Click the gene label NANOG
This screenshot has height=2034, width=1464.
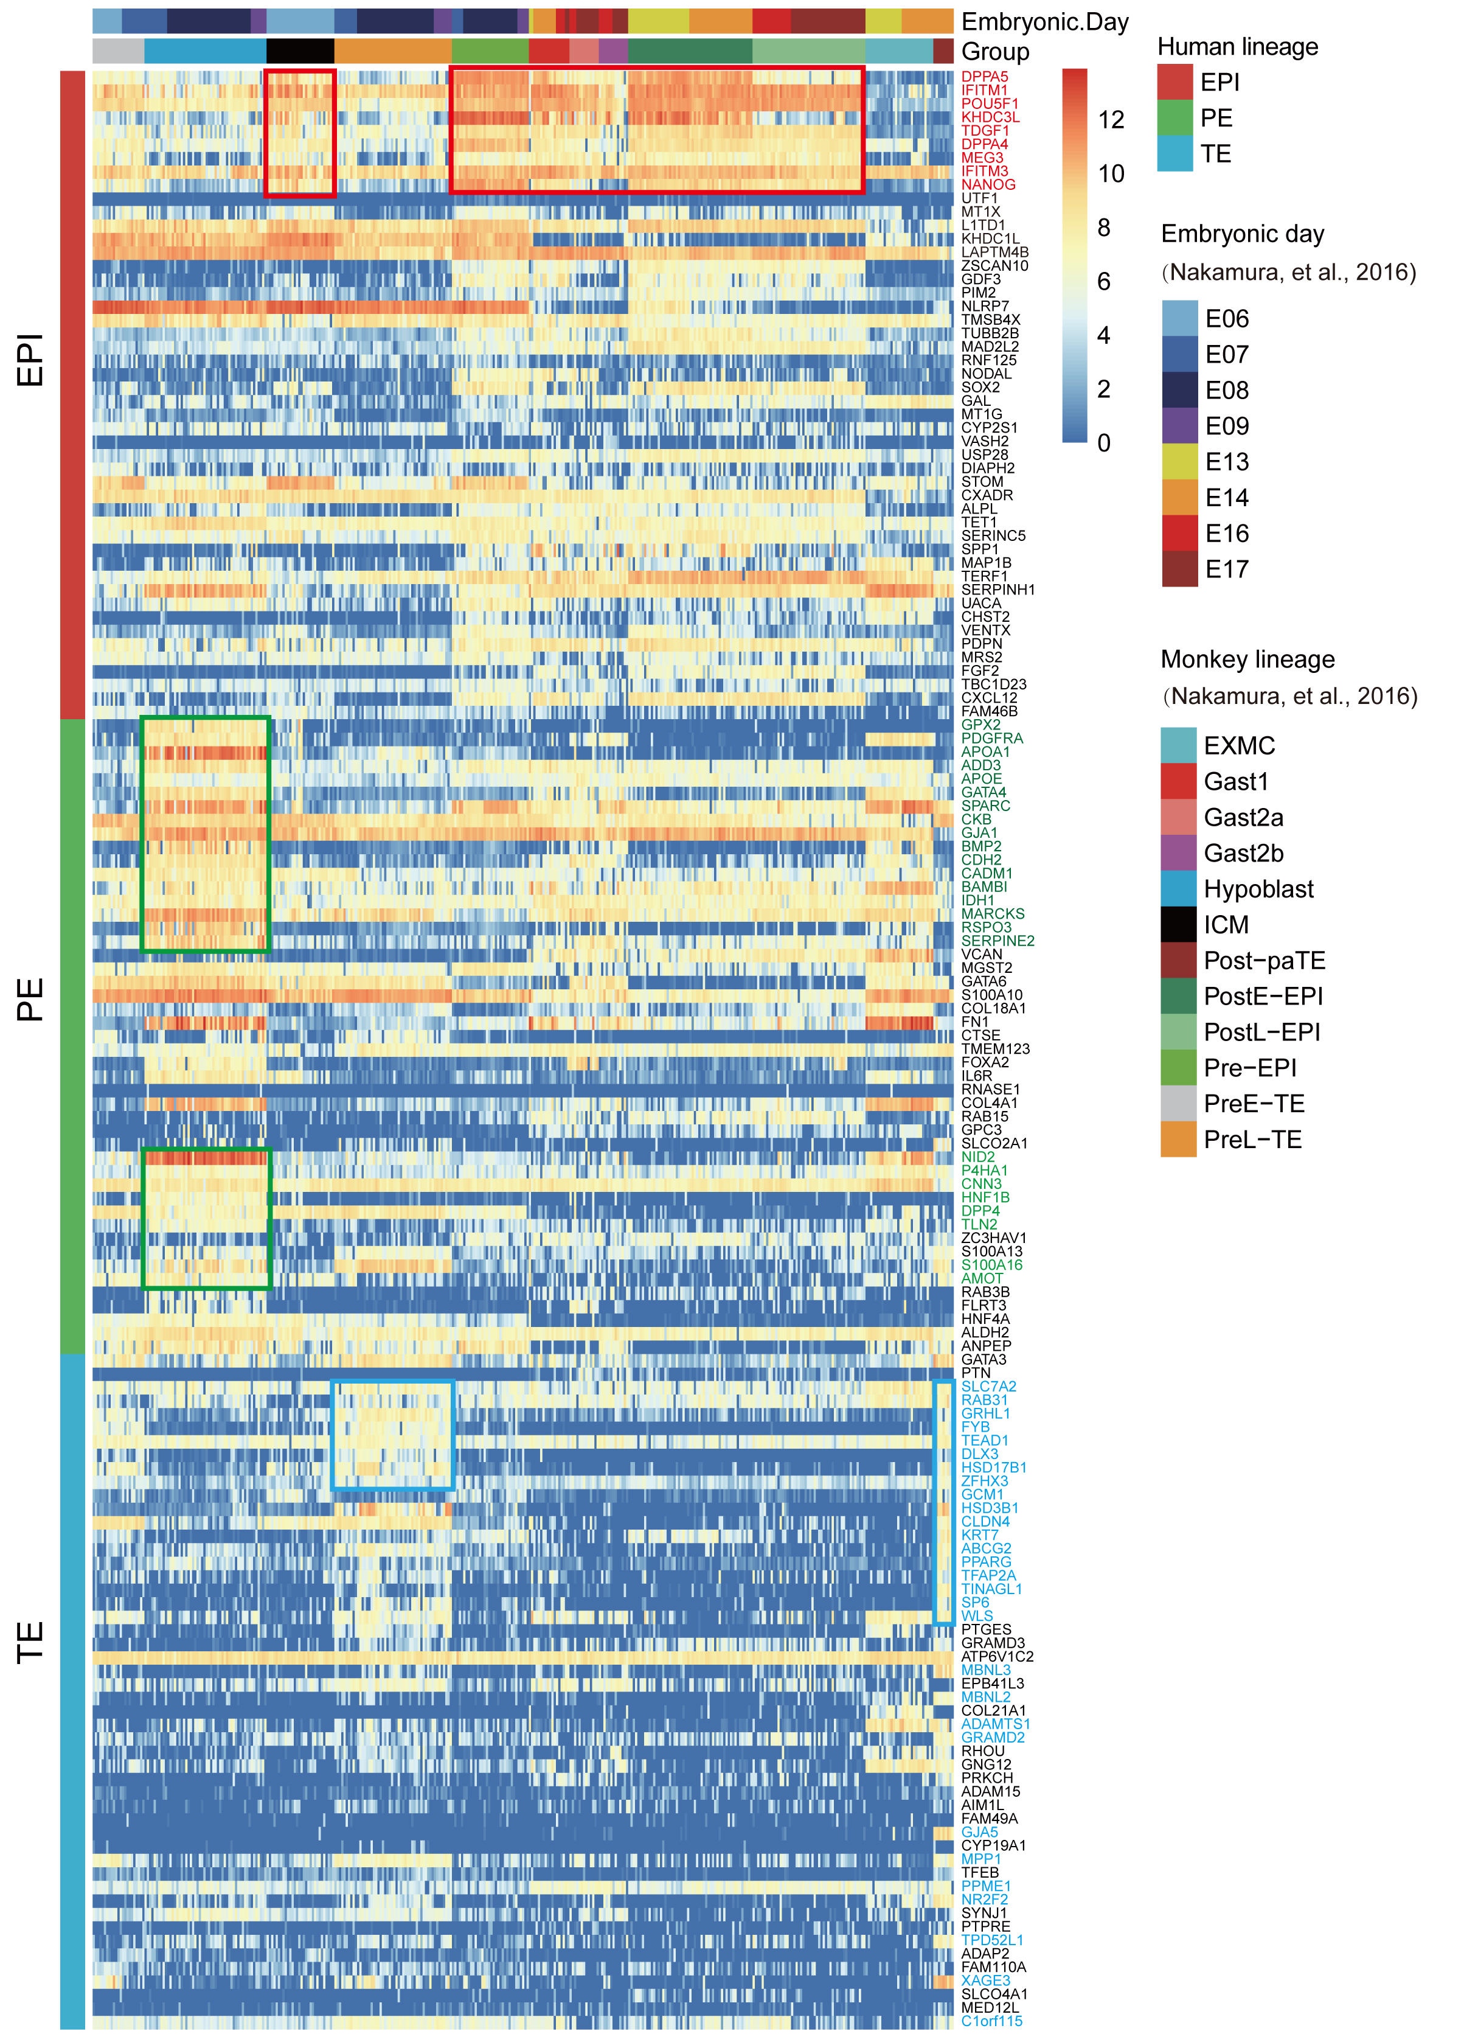pyautogui.click(x=988, y=185)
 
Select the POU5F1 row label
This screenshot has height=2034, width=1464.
pyautogui.click(x=990, y=104)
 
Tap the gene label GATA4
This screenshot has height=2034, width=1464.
pyautogui.click(x=984, y=792)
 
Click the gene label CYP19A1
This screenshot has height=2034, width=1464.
pyautogui.click(x=993, y=1845)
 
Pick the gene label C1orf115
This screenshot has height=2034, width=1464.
pyautogui.click(x=991, y=2021)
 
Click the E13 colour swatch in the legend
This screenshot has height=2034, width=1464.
pyautogui.click(x=1180, y=462)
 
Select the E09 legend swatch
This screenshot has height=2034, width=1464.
pyautogui.click(x=1180, y=426)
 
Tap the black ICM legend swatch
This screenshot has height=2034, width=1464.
pyautogui.click(x=1178, y=925)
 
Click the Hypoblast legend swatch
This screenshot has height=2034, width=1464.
pyautogui.click(x=1178, y=889)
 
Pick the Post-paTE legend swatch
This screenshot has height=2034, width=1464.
pyautogui.click(x=1178, y=961)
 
